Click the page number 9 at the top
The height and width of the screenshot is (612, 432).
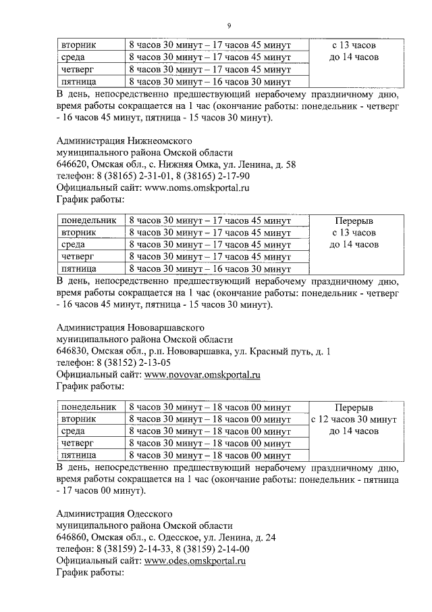229,26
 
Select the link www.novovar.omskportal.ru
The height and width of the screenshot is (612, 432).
202,374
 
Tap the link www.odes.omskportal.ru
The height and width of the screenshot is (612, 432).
195,561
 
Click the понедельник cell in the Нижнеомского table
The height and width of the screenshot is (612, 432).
88,220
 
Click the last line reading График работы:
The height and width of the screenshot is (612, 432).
90,573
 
